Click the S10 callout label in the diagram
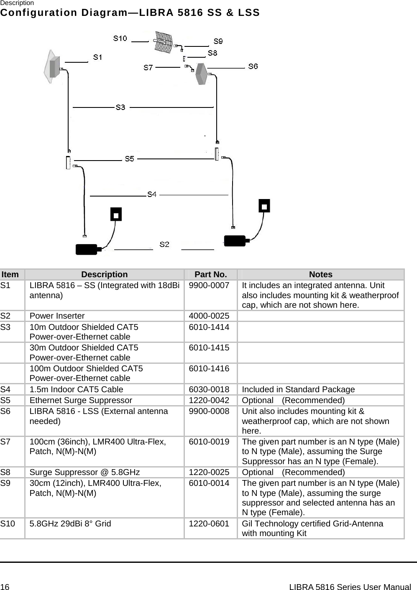[120, 38]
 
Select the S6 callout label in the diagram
[253, 66]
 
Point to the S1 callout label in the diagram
[97, 57]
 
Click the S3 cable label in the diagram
[120, 107]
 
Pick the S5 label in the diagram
[130, 159]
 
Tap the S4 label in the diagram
[152, 195]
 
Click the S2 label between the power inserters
[164, 244]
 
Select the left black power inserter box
[86, 249]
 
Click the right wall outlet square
[264, 206]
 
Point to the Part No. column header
[211, 275]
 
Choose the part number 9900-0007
[209, 286]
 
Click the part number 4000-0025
[209, 316]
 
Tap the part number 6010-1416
[209, 368]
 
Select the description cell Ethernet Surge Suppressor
[81, 400]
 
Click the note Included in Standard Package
[298, 389]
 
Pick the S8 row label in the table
[6, 473]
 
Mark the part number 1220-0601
[209, 524]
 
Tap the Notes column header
[321, 275]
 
